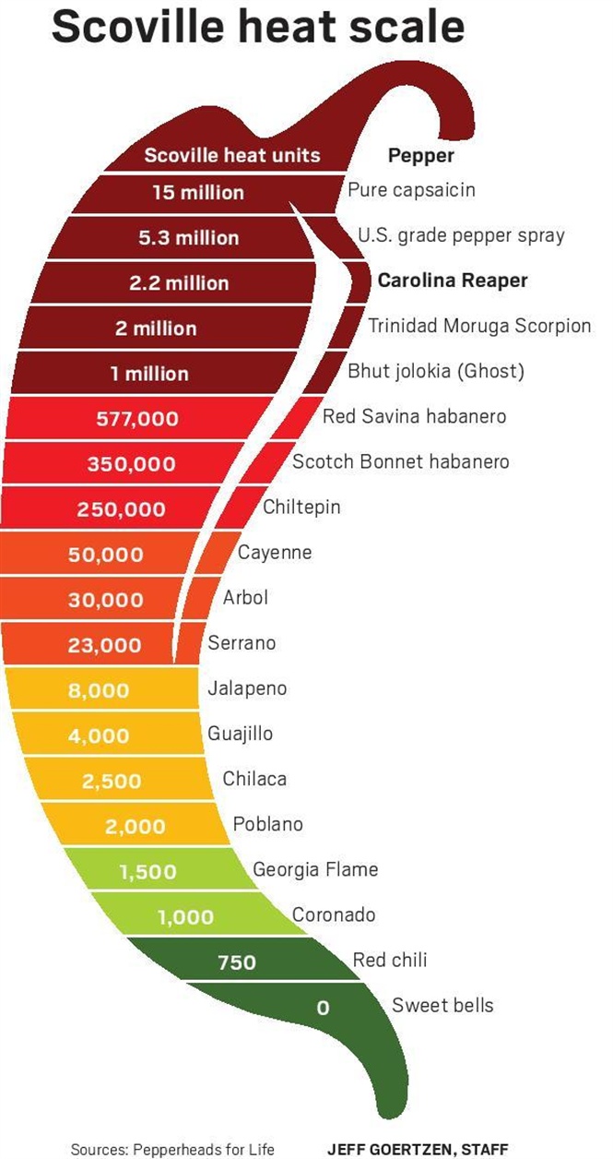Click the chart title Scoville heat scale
[258, 27]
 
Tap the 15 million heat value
[198, 193]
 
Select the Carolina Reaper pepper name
[453, 281]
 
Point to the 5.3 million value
[188, 238]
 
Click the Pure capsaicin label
[411, 190]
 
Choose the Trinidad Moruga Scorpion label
[479, 326]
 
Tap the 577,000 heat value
[137, 419]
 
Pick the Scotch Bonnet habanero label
[400, 461]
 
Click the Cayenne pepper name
[275, 553]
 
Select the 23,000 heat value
[104, 645]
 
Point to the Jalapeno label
[247, 688]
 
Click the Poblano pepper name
[267, 824]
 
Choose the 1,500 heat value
[147, 871]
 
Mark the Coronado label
[334, 914]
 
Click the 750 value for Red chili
[237, 962]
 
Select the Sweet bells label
[442, 1005]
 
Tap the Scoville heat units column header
[231, 155]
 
